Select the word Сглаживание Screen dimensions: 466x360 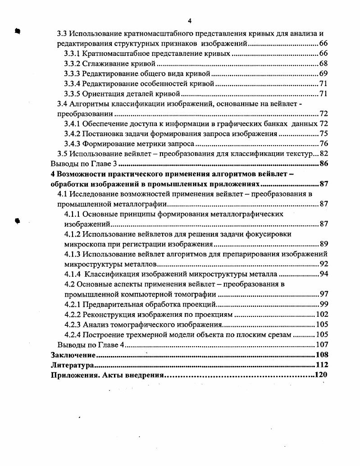coord(105,64)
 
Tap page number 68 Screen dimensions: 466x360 coord(323,64)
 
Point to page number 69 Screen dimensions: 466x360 coord(323,73)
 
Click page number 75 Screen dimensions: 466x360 coord(323,134)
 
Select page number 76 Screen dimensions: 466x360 coord(323,144)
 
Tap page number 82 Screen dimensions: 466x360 coord(323,154)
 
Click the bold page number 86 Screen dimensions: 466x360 coord(323,164)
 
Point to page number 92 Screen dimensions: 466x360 coord(323,264)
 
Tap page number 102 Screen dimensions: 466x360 coord(322,314)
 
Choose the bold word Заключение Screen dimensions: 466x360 coord(73,355)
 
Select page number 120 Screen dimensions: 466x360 coord(320,375)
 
